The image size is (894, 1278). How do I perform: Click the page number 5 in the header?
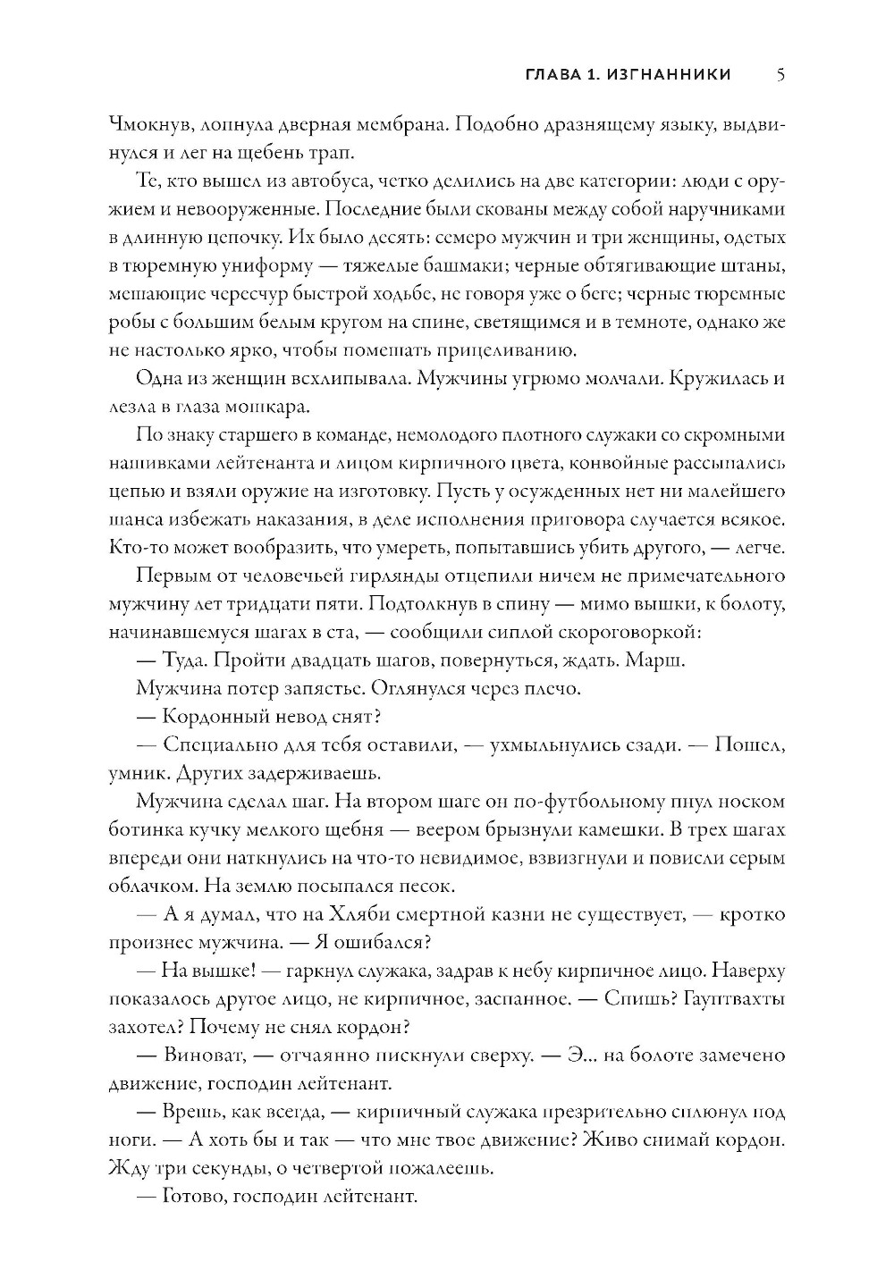780,75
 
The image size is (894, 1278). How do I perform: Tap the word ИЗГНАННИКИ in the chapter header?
668,75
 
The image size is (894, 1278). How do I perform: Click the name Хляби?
427,914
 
